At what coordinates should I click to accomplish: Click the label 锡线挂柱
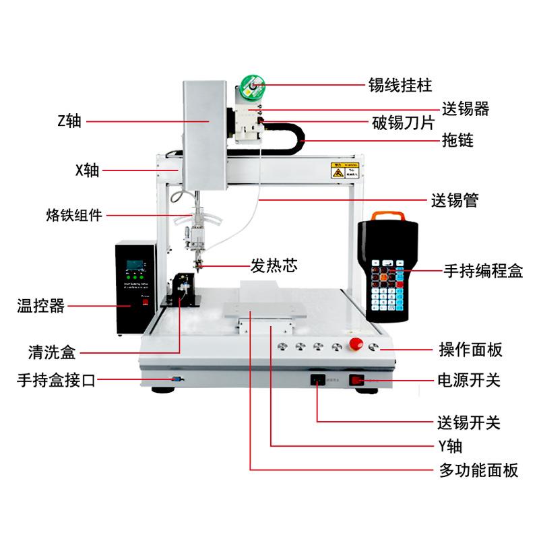[400, 86]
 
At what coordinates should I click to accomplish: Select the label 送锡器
[466, 108]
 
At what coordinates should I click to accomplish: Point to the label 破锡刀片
[403, 124]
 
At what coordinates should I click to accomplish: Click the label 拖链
[457, 140]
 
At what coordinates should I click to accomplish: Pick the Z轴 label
[69, 121]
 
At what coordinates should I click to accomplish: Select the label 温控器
[40, 307]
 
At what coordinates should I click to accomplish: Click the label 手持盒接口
[57, 381]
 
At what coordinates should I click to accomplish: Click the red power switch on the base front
[356, 381]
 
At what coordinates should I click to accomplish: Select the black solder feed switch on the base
[317, 380]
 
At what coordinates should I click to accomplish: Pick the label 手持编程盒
[482, 271]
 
